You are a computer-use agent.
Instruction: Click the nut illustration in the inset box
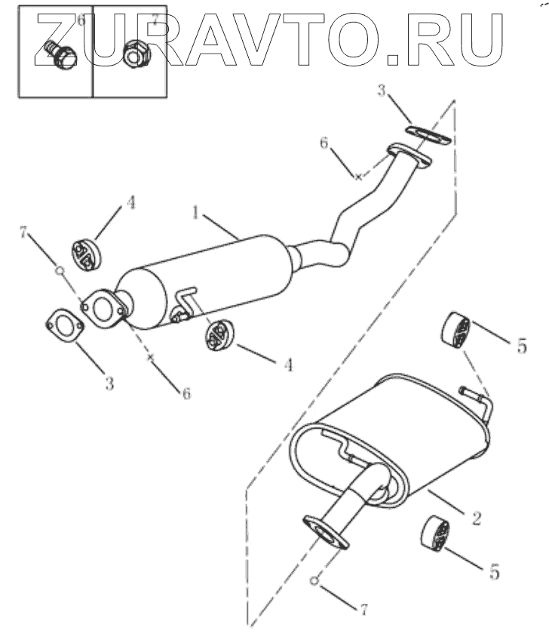coord(135,52)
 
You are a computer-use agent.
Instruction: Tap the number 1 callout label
coord(196,214)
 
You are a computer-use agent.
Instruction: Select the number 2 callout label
coord(476,518)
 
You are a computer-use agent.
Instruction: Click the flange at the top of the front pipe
coord(407,156)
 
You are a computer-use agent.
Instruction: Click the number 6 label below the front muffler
coord(185,392)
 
